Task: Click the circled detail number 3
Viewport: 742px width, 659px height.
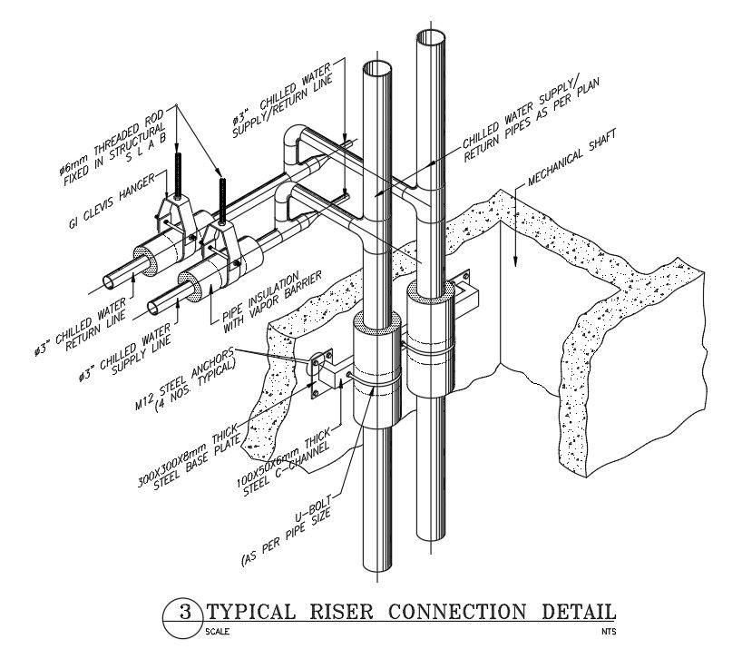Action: tap(184, 614)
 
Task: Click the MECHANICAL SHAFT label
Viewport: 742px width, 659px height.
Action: tap(570, 157)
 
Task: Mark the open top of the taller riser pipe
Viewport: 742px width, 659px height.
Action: tap(431, 38)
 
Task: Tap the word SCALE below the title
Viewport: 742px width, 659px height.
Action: tap(217, 631)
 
